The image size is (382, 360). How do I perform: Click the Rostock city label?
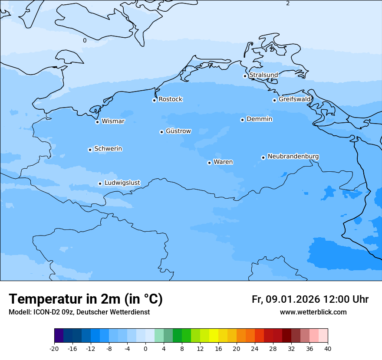pos(170,99)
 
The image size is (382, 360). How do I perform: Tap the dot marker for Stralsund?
pos(245,76)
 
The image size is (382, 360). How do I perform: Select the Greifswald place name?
pos(294,99)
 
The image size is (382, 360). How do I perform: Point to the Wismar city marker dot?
pos(98,122)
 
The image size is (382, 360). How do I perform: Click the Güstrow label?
pos(178,131)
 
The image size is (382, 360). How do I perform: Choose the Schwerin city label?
pos(108,149)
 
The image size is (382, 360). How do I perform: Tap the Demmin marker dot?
pos(242,120)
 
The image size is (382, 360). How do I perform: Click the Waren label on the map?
pos(223,162)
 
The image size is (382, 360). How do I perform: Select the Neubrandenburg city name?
pos(293,157)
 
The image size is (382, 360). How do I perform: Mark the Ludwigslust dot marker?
pos(100,183)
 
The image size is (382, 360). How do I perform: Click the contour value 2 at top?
pos(288,3)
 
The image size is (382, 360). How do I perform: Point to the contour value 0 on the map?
pos(85,41)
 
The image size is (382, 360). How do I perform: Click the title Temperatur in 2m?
pos(86,299)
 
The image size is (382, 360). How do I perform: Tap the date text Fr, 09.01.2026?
pos(286,299)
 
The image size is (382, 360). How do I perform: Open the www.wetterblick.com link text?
pos(313,312)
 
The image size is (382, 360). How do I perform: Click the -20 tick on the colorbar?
pos(54,349)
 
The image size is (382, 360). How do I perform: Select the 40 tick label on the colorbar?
pos(328,349)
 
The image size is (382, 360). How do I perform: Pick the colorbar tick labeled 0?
pos(145,349)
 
